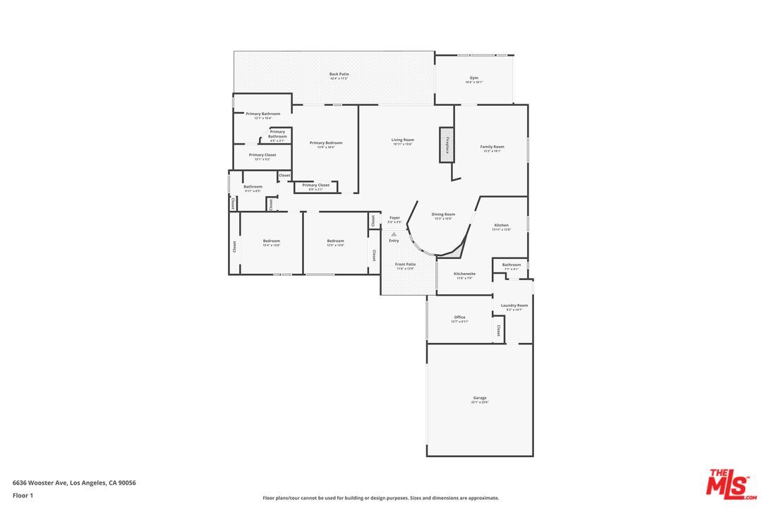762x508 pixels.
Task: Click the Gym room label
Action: coord(474,78)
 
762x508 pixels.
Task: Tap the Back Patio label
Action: coord(339,74)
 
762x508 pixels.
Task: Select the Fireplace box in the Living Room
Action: coord(447,145)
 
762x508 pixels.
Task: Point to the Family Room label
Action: coord(492,147)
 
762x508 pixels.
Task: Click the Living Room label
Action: coord(402,140)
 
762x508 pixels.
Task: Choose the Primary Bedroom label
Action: coord(326,143)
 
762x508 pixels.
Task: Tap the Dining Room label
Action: coord(443,214)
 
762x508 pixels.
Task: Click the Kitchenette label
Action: coord(464,274)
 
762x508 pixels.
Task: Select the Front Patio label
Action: coord(405,265)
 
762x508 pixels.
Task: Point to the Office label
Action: coord(459,317)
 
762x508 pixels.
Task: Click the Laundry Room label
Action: coord(514,306)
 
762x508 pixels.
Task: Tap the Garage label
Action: coord(480,398)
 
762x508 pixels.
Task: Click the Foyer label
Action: coord(394,218)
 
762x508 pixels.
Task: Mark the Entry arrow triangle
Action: coord(394,234)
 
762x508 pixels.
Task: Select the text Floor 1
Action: coord(23,495)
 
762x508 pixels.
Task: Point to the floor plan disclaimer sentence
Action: coord(380,497)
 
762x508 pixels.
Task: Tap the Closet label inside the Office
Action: coord(498,329)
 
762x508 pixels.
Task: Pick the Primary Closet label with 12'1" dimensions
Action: coord(262,155)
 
